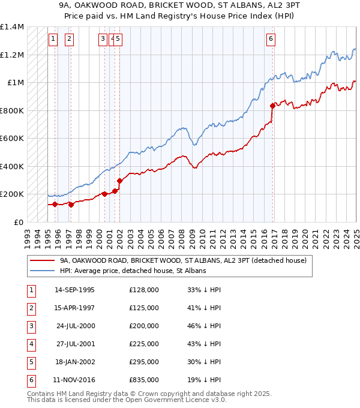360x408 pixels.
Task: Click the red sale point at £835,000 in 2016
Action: pos(273,106)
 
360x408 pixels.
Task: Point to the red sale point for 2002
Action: pos(119,181)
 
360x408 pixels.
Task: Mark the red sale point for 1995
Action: pos(55,204)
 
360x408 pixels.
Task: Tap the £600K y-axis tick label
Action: pos(12,138)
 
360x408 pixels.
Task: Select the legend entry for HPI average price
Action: pos(133,271)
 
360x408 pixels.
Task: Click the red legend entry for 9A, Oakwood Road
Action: pos(183,260)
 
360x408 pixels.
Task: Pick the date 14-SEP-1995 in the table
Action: pos(74,290)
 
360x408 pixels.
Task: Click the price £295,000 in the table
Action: pos(144,362)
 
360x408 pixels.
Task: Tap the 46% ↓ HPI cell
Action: pos(203,326)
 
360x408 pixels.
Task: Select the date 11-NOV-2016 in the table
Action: pos(74,380)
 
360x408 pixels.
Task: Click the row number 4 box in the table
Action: pos(30,344)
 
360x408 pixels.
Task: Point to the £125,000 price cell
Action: pos(144,308)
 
